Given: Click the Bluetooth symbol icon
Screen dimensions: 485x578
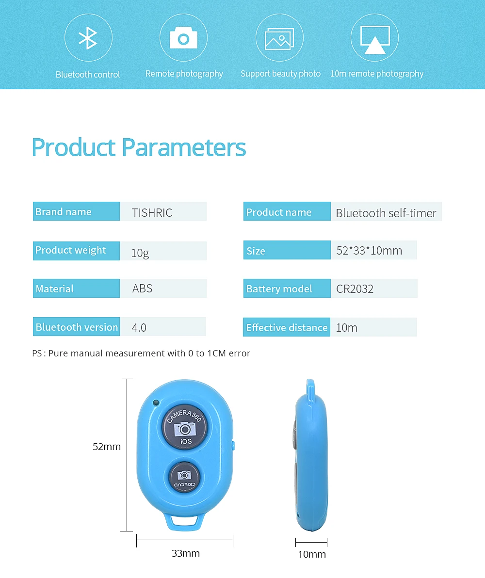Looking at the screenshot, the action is [88, 38].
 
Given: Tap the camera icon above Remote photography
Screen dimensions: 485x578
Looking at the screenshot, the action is [183, 38].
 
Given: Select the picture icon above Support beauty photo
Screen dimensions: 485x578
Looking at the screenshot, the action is [279, 38].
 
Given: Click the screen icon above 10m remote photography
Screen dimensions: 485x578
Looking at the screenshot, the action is [375, 40].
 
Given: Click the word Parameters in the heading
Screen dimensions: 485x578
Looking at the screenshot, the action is [183, 147].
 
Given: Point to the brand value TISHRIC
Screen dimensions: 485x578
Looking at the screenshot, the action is [152, 213].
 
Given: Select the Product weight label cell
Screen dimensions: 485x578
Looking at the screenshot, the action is [76, 251].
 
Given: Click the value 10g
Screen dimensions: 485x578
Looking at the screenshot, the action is [140, 253].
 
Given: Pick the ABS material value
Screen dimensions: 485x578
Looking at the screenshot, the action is [143, 288].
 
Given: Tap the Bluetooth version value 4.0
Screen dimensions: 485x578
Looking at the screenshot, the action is [139, 328].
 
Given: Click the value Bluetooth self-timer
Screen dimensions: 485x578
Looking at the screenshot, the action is [386, 213].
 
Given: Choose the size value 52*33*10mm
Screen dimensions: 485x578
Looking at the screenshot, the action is [369, 251].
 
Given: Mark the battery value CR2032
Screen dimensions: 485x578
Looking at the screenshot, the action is [355, 289].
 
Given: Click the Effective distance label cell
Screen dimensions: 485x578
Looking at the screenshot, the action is [287, 327].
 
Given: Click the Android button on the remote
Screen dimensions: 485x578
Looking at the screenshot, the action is [184, 477].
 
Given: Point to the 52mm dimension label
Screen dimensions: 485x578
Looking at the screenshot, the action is [107, 447].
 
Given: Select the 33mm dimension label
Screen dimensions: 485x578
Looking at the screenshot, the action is [186, 553].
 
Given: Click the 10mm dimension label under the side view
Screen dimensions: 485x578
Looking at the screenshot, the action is [312, 554].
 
